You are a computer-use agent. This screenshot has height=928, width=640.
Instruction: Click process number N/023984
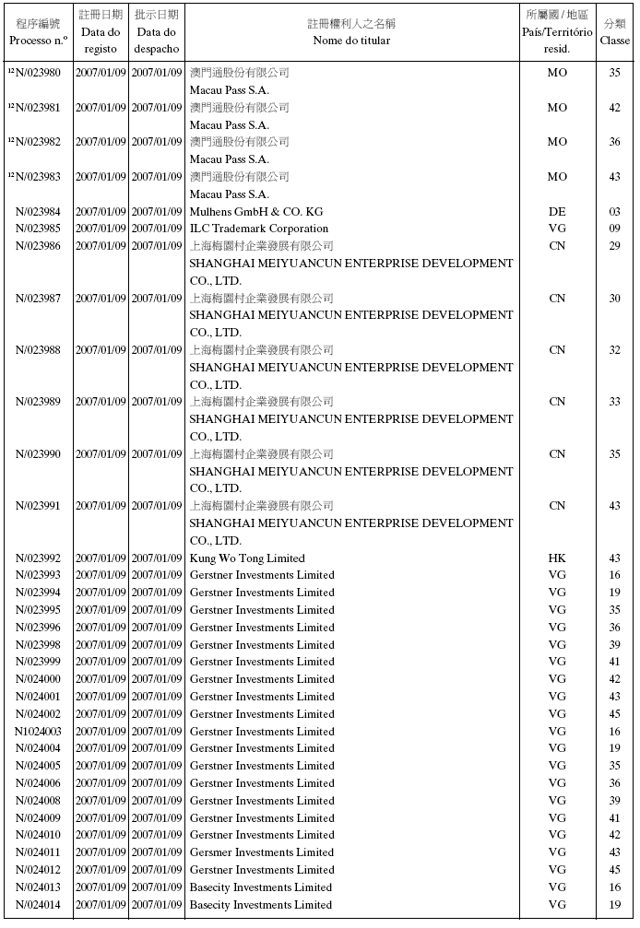(38, 212)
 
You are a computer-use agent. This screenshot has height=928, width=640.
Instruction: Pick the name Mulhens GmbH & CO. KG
(256, 212)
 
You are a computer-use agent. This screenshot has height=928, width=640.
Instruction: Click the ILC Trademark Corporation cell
(259, 229)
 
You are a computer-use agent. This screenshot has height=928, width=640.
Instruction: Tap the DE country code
(557, 212)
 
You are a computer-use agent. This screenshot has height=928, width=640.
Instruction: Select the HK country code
(557, 558)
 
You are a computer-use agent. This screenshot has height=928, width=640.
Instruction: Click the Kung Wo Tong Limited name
(247, 558)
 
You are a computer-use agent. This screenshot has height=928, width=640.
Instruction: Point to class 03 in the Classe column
(615, 212)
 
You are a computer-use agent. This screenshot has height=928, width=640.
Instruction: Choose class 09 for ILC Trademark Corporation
(615, 229)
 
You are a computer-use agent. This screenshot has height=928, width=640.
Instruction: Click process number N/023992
(38, 558)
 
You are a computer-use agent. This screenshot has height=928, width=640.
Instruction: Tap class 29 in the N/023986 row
(615, 246)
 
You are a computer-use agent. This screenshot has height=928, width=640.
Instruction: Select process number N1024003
(38, 732)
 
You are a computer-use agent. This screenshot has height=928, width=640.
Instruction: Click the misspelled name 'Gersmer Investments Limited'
(262, 852)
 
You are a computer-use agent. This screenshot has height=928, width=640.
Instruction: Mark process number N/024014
(38, 905)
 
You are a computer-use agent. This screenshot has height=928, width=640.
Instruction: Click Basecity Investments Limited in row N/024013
(261, 887)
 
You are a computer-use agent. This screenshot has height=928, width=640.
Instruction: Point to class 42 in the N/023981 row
(615, 108)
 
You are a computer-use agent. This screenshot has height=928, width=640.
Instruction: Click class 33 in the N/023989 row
(615, 402)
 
